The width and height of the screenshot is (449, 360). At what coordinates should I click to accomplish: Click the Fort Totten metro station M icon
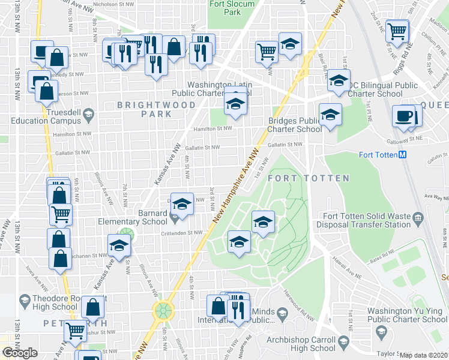coord(403,154)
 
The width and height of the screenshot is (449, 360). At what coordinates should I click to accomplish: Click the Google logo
coord(20,353)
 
